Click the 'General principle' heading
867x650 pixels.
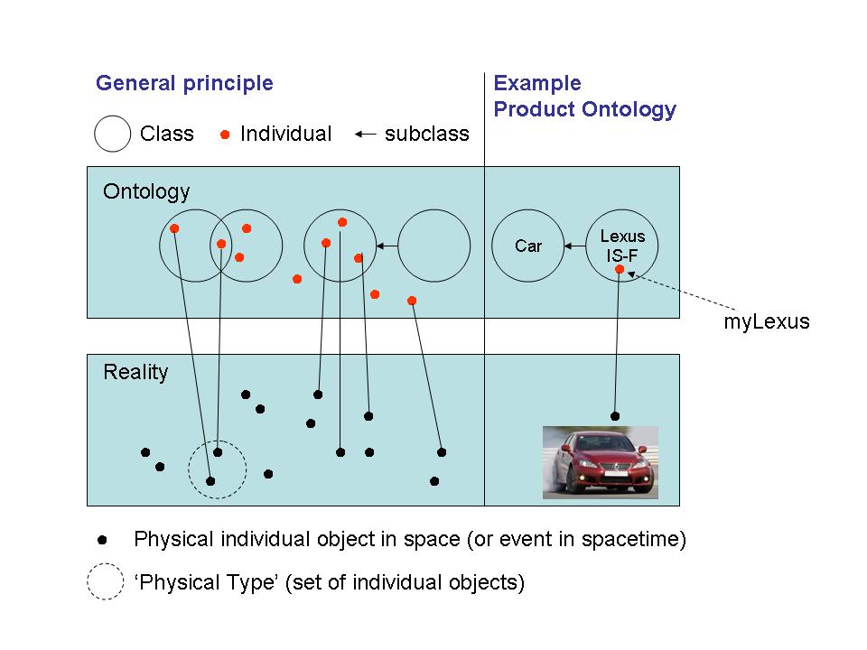[x=184, y=84]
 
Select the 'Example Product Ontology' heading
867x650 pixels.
[x=584, y=97]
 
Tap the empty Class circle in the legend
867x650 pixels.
[x=113, y=135]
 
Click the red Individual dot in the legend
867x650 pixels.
[x=225, y=135]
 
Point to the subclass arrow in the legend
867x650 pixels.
[x=365, y=135]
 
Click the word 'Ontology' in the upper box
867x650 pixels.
[x=146, y=191]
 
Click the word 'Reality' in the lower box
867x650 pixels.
[x=135, y=372]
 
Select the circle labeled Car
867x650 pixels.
[x=528, y=246]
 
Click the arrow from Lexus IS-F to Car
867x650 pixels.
[x=573, y=246]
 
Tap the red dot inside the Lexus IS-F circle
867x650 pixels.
[x=620, y=269]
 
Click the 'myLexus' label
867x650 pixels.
[x=767, y=321]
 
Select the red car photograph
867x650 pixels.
[x=600, y=462]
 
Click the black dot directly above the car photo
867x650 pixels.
[x=615, y=416]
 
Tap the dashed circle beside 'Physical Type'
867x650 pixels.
[x=105, y=582]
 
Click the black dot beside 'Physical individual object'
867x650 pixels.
[x=102, y=540]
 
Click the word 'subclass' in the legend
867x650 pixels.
[x=426, y=135]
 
